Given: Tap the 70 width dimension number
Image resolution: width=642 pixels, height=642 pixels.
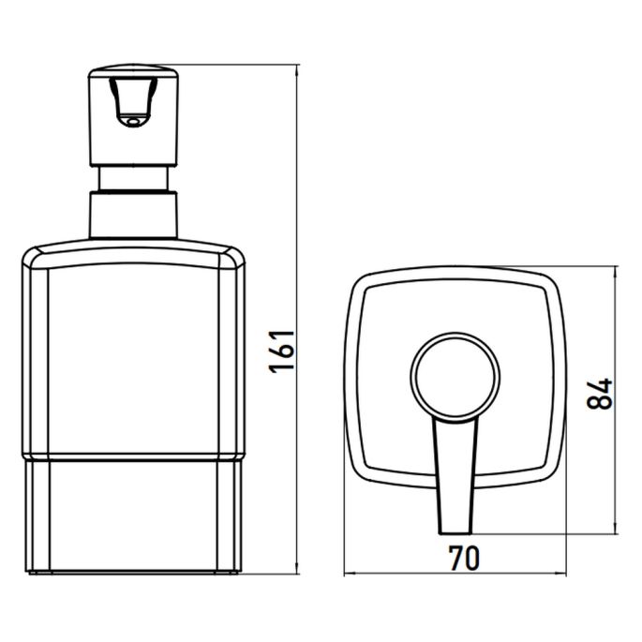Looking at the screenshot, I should click(x=463, y=559).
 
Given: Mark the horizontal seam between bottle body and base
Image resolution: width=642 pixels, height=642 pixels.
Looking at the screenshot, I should click(x=131, y=458).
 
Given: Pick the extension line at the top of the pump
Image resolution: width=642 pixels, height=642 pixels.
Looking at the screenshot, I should click(x=234, y=66).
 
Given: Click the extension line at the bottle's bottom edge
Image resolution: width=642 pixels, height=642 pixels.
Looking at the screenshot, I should click(x=272, y=572).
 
